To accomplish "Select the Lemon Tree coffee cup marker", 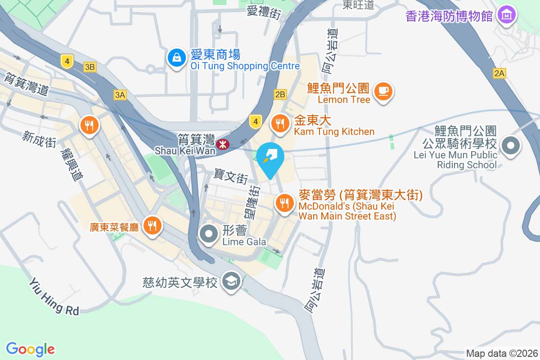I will [x=383, y=91].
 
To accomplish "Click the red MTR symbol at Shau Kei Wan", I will [x=221, y=144].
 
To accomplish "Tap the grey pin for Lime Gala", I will [x=209, y=234].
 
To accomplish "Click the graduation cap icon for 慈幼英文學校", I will [x=231, y=282].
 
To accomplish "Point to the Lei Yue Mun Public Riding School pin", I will [x=511, y=145].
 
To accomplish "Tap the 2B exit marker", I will [x=280, y=94].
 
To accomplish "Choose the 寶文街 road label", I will [x=230, y=176].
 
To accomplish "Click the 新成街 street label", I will [x=40, y=139].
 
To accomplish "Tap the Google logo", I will [x=30, y=349].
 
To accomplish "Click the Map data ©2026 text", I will [x=502, y=353].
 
